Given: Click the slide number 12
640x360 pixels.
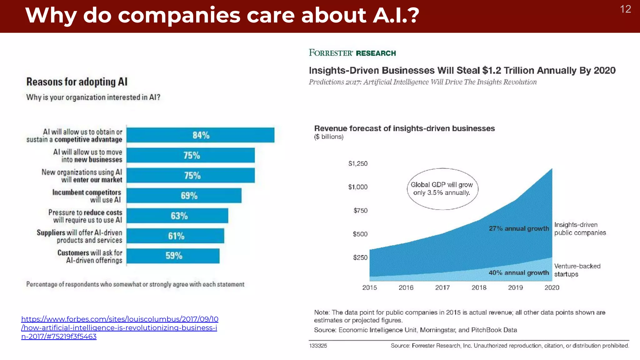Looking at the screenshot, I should pyautogui.click(x=625, y=9).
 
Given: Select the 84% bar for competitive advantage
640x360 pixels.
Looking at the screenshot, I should pyautogui.click(x=200, y=135).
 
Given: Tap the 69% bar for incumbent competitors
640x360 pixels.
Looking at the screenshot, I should pyautogui.click(x=184, y=196).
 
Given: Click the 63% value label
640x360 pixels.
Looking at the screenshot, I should pyautogui.click(x=179, y=216).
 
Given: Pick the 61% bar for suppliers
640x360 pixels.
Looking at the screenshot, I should pyautogui.click(x=175, y=236).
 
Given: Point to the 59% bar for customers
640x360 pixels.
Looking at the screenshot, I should pyautogui.click(x=173, y=256).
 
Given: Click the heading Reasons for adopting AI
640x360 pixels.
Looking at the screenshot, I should pyautogui.click(x=77, y=82).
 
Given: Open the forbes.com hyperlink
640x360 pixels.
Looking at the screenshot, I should pyautogui.click(x=119, y=327).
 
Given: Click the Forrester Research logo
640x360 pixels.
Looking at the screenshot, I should pyautogui.click(x=352, y=53).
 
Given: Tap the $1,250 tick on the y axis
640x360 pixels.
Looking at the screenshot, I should pyautogui.click(x=358, y=163).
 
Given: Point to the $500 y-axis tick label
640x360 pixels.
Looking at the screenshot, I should pyautogui.click(x=360, y=234).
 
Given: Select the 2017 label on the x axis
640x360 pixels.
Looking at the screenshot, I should pyautogui.click(x=442, y=287).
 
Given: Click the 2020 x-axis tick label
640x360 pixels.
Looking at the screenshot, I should pyautogui.click(x=552, y=287).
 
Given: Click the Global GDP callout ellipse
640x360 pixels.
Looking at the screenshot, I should pyautogui.click(x=442, y=189).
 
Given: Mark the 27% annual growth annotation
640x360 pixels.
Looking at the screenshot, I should pyautogui.click(x=518, y=228).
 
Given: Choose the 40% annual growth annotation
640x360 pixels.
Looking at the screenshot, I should pyautogui.click(x=518, y=273).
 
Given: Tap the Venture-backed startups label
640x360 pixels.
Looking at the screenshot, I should pyautogui.click(x=577, y=270).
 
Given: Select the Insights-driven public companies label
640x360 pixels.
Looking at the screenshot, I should pyautogui.click(x=580, y=229).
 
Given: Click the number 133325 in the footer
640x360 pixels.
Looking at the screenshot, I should pyautogui.click(x=318, y=346).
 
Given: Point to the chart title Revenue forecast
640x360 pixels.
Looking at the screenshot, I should pyautogui.click(x=404, y=128).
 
